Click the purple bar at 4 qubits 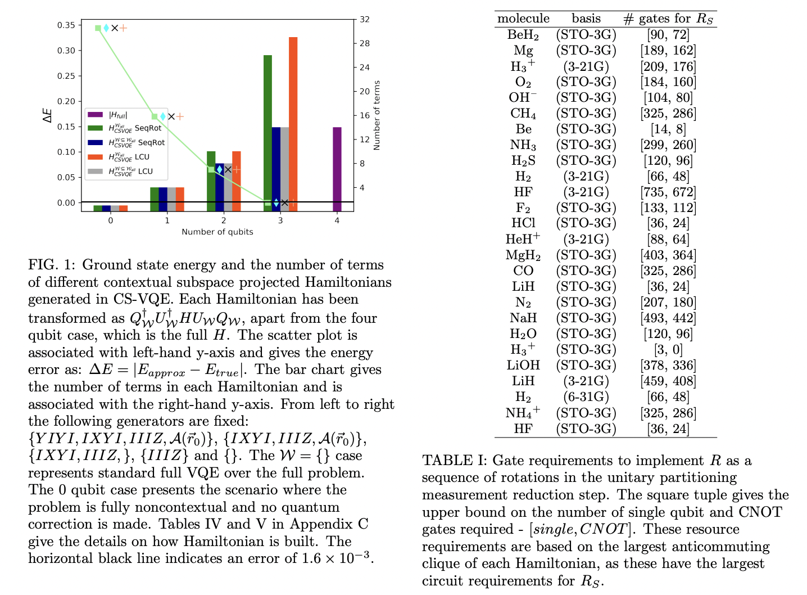(337, 169)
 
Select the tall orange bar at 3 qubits (293, 124)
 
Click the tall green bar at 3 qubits (268, 132)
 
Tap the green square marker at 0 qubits (98, 28)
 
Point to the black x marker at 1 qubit (171, 116)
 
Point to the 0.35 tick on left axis (66, 25)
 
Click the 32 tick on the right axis (365, 19)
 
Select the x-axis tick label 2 (224, 220)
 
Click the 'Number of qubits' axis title (217, 232)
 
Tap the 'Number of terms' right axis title (377, 115)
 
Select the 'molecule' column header (523, 19)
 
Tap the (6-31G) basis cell (586, 397)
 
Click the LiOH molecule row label (523, 366)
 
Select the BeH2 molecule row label (523, 35)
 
